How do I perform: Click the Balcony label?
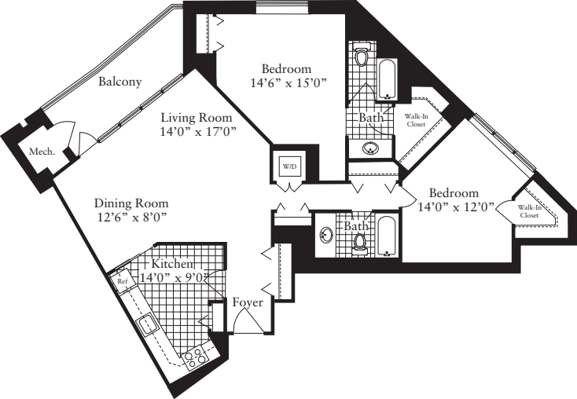point(119,81)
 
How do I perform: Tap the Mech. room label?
point(42,152)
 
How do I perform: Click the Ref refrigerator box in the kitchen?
point(123,280)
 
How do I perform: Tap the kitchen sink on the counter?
point(147,322)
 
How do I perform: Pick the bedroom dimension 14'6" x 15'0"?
point(287,82)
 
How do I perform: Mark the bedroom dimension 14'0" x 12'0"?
point(454,207)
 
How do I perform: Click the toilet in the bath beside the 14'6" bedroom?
point(362,56)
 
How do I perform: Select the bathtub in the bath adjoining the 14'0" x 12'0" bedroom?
point(385,235)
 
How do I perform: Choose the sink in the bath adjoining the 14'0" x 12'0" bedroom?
point(327,235)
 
